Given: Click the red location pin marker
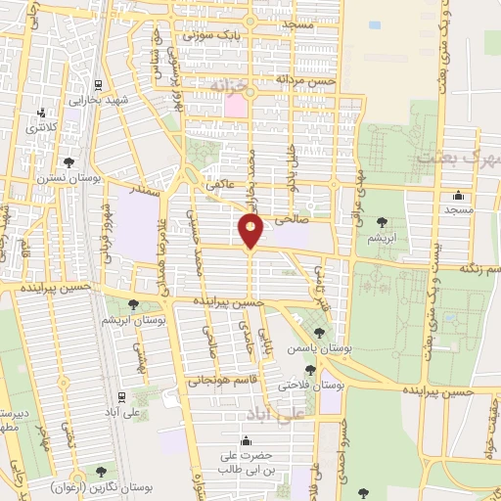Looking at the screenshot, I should (x=251, y=231).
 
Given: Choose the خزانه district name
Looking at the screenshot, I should (x=233, y=87).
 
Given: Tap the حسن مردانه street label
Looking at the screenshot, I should (x=305, y=79).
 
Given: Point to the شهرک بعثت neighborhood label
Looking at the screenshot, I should (x=458, y=157).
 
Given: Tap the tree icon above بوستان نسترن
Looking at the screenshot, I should (x=67, y=161).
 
